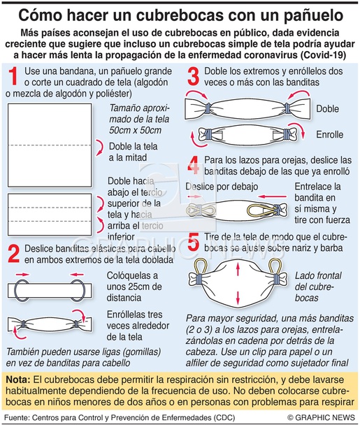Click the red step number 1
coord(13,76)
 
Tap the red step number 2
coord(14,254)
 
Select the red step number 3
coord(194,76)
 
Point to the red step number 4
coord(194,165)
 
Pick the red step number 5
coord(194,243)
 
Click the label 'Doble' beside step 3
coord(327,108)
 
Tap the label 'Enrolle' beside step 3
coord(330,134)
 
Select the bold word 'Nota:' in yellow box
coord(18,380)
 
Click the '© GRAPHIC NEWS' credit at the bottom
coord(321,418)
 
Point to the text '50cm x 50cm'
coord(136,131)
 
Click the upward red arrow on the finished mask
coord(238,268)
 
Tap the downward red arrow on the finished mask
coord(238,298)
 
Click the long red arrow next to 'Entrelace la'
coord(272,196)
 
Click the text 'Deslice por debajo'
coord(222,187)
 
